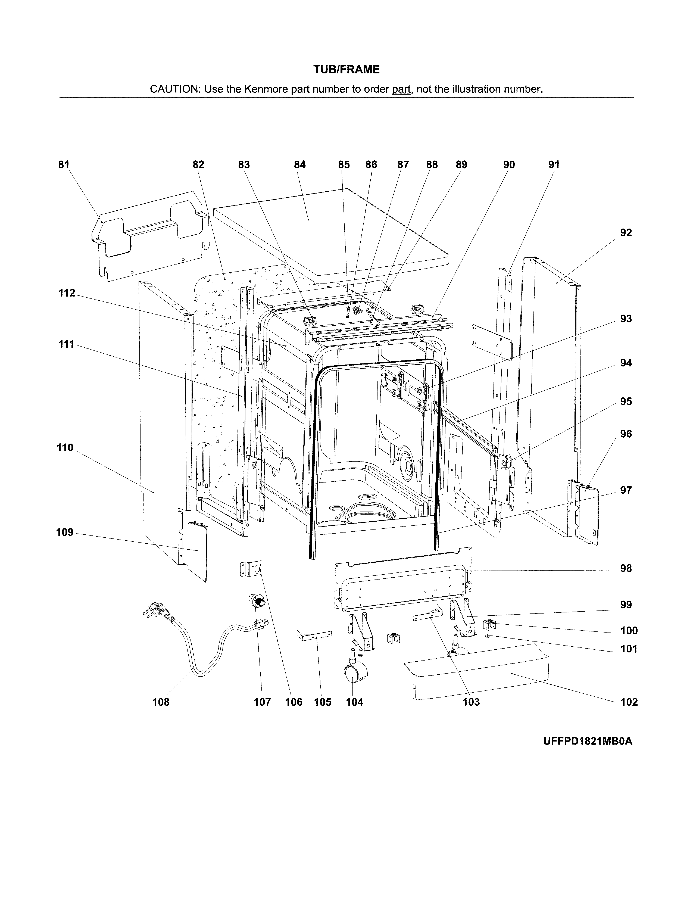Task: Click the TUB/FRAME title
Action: [347, 69]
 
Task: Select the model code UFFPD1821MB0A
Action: [588, 741]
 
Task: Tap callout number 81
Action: [64, 165]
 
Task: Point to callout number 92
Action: [626, 232]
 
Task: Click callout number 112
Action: [67, 293]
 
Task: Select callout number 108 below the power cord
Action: [161, 702]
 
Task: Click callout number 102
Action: [629, 702]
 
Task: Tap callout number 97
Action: [626, 490]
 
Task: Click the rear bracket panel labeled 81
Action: [148, 238]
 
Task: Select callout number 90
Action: [509, 165]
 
